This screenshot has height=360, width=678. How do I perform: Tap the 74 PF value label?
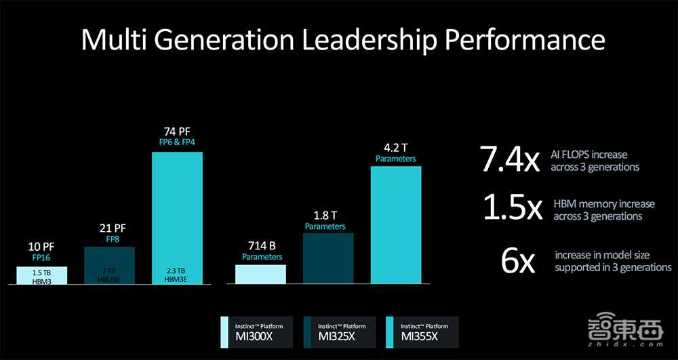click(177, 131)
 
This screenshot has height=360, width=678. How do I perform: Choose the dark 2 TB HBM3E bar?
click(109, 266)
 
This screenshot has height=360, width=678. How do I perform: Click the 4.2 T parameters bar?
click(396, 224)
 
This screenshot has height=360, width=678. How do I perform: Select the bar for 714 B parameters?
click(260, 274)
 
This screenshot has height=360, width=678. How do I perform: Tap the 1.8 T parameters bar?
click(328, 258)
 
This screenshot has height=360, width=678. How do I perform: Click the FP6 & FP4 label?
click(177, 142)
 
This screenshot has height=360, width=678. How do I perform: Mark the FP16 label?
click(41, 258)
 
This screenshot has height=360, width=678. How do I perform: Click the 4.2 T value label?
click(396, 147)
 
